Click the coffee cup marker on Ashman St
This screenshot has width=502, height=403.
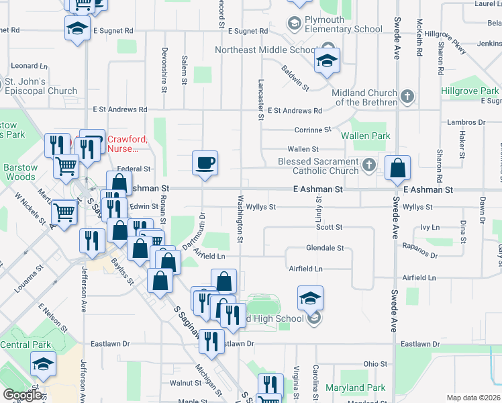pos(205,163)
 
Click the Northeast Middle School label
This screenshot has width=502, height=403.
pos(265,50)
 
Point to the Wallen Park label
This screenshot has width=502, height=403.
pos(365,136)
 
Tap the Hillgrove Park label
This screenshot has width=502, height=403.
pos(470,91)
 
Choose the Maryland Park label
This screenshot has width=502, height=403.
pos(355,388)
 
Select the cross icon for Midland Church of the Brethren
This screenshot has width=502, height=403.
pos(407,97)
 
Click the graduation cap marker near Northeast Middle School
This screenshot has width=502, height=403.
pos(326,61)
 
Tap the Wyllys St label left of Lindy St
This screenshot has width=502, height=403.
pos(261,207)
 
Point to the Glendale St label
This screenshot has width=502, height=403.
pos(325,248)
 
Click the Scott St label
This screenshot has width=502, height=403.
pos(330,228)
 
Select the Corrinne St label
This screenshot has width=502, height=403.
pos(313,130)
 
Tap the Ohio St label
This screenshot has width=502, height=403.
pos(376,363)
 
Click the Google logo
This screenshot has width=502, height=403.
pos(22,395)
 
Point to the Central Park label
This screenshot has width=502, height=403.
pos(26,345)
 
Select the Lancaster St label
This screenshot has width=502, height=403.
pos(260,100)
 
